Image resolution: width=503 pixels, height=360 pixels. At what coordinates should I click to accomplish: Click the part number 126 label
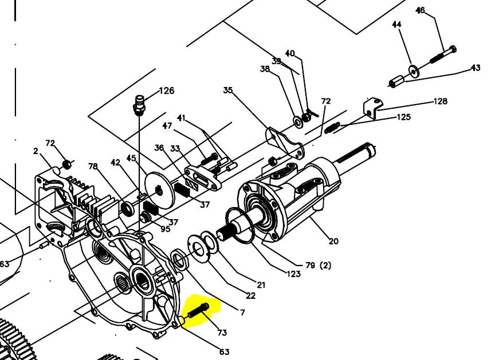coord(167,91)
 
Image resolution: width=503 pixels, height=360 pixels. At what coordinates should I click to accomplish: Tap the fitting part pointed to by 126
coord(138,105)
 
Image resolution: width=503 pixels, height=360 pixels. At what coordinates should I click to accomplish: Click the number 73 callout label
coord(222,333)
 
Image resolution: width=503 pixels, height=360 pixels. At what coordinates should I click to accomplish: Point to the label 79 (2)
coord(318,266)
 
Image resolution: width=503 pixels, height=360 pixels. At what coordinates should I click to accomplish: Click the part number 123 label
coord(293,274)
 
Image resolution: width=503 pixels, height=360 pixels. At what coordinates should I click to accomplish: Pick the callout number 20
coord(333,241)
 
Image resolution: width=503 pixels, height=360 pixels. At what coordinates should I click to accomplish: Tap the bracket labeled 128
coord(373,108)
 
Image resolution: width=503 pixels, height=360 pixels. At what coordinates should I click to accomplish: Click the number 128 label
coord(440,101)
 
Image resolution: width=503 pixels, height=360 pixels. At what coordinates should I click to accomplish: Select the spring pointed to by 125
coord(333,128)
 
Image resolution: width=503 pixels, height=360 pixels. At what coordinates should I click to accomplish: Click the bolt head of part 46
coord(453,50)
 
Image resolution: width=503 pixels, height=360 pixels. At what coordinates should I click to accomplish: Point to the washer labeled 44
coord(414,71)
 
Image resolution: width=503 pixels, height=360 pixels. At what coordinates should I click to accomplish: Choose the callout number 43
coord(476,68)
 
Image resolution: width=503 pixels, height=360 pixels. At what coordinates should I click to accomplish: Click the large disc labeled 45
coord(160,191)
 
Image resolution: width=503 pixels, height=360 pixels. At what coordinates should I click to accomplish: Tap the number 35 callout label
coord(228,90)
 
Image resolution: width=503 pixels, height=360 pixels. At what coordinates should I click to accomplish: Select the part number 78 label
coord(93,167)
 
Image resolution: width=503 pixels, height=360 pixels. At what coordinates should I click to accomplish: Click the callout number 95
coord(166,229)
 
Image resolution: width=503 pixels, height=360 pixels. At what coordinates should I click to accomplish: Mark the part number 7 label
coord(242,312)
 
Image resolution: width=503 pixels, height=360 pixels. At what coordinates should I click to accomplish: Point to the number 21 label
coord(261,284)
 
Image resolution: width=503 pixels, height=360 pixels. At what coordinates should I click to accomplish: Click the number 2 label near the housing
coord(36,151)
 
